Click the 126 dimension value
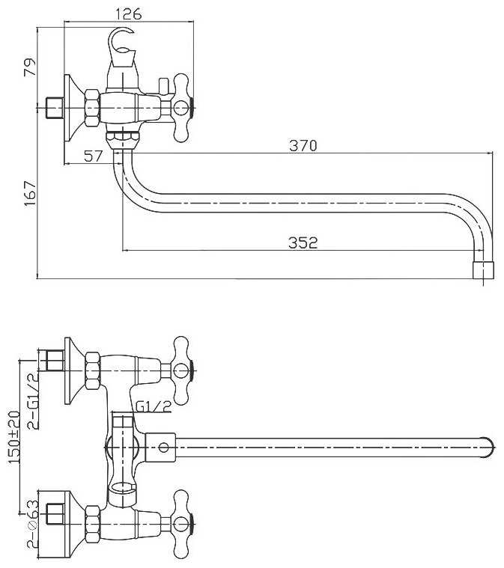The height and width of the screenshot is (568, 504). click(129, 13)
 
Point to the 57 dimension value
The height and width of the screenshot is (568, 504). click(93, 156)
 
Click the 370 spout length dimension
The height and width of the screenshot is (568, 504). click(303, 146)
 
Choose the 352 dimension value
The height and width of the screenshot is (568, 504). click(303, 242)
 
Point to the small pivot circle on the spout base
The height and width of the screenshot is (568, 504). click(163, 448)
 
